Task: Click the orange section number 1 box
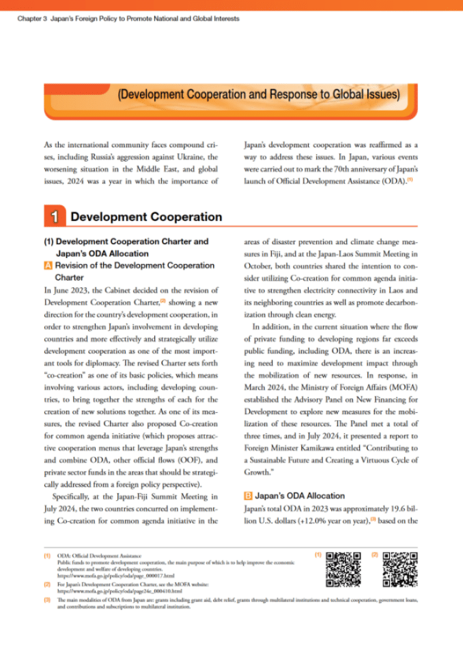[x=55, y=217]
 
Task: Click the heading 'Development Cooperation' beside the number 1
[x=146, y=217]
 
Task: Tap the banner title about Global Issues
[x=258, y=95]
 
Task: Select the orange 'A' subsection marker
[x=48, y=265]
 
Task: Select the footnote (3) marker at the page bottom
[x=46, y=600]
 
